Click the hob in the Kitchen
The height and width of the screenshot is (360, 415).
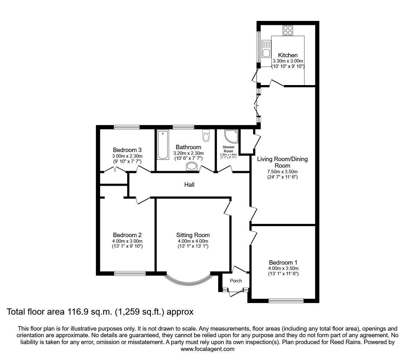click(x=288, y=31)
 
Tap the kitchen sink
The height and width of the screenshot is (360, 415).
click(x=267, y=49)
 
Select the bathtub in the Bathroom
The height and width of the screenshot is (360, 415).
click(x=162, y=145)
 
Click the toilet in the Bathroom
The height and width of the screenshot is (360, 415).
click(x=206, y=135)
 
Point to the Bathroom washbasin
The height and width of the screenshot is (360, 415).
click(x=192, y=167)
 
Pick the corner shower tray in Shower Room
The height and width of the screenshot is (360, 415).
click(x=232, y=136)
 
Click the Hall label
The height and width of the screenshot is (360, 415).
click(x=189, y=185)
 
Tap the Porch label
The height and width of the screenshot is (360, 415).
click(x=236, y=281)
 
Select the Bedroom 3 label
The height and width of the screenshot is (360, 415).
click(x=127, y=150)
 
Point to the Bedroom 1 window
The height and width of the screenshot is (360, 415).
click(x=286, y=301)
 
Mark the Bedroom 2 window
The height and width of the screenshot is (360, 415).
click(x=130, y=273)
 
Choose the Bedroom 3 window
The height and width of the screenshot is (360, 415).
click(x=127, y=127)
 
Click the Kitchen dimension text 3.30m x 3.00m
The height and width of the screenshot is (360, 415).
click(x=288, y=61)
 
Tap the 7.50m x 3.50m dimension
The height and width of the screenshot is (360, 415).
click(x=282, y=172)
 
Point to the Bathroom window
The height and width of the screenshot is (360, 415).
click(x=183, y=127)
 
